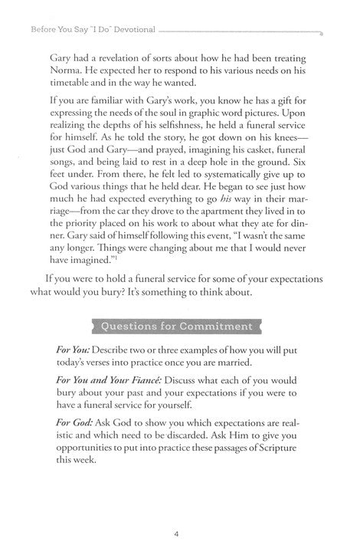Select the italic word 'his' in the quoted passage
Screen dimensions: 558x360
point(227,231)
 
